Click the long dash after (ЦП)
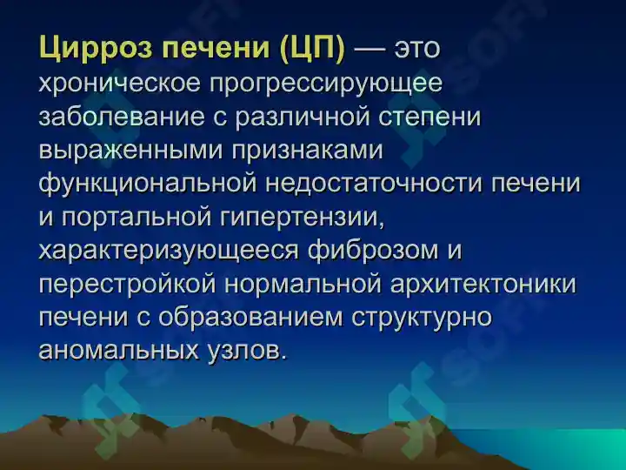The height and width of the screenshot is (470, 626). tap(370, 49)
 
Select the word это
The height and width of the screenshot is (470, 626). tap(416, 49)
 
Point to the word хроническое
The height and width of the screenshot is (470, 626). tap(119, 84)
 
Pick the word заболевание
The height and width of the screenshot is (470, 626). tap(122, 117)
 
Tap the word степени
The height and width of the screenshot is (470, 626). tap(430, 118)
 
